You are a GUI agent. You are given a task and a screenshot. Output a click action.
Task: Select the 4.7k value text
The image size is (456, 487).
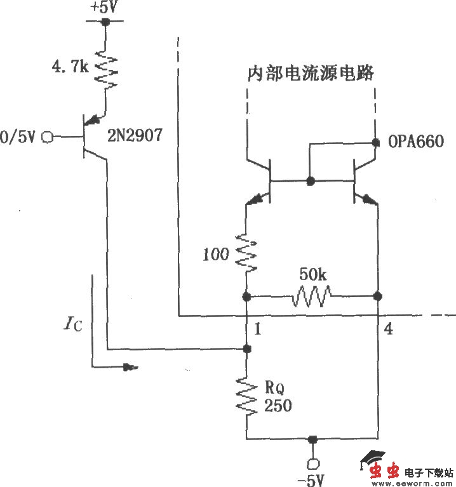[x=70, y=65]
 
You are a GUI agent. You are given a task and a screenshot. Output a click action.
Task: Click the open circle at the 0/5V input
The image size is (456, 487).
[x=46, y=136]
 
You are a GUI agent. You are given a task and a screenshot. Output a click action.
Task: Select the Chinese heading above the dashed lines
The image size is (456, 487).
[x=309, y=72]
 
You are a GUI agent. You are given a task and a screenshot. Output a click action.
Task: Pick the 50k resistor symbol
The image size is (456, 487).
[x=312, y=296]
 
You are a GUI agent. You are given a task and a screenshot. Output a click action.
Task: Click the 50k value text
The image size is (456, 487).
[x=312, y=276]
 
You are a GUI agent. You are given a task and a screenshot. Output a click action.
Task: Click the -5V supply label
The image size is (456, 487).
[x=311, y=478]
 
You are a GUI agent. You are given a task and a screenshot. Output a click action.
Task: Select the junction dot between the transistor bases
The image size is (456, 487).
[x=310, y=181]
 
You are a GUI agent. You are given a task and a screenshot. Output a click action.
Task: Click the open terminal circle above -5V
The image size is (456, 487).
[x=311, y=462]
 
